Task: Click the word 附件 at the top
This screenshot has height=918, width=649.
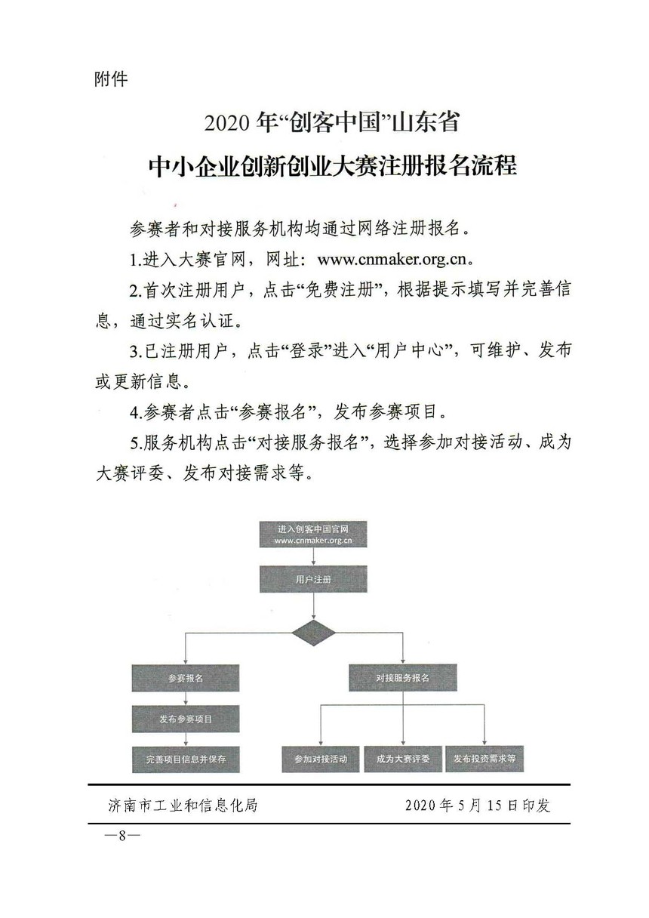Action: pos(111,79)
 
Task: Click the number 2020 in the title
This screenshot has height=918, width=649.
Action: pos(226,123)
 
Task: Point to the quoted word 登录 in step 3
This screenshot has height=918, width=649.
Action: pos(306,351)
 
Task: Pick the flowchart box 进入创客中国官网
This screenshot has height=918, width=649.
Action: pos(313,534)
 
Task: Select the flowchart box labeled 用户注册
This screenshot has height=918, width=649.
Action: pos(313,580)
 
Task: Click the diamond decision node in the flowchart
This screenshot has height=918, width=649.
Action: pos(313,633)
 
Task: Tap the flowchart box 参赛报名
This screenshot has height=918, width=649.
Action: pos(185,678)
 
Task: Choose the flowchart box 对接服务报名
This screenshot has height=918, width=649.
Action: pos(403,678)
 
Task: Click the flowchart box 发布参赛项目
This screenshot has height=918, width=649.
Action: pos(186,719)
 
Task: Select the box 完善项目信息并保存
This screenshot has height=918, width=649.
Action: pos(186,759)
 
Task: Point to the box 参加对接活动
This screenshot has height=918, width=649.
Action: pos(321,759)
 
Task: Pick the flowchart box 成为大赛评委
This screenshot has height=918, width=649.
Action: pos(403,759)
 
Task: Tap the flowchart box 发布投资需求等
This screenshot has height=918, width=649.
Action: pos(484,759)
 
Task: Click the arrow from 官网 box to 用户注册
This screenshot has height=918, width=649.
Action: pos(313,557)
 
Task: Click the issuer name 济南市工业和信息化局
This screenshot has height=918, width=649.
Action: pos(183,806)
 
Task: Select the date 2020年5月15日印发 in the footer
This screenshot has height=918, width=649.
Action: pos(478,806)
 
